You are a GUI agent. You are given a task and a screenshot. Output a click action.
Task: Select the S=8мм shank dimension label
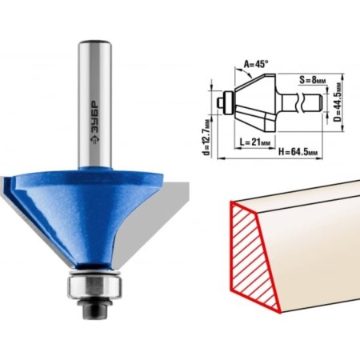pos(313,80)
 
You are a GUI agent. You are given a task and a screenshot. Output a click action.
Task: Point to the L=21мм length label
pos(255,142)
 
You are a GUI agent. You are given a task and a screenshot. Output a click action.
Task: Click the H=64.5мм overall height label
pos(298,152)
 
